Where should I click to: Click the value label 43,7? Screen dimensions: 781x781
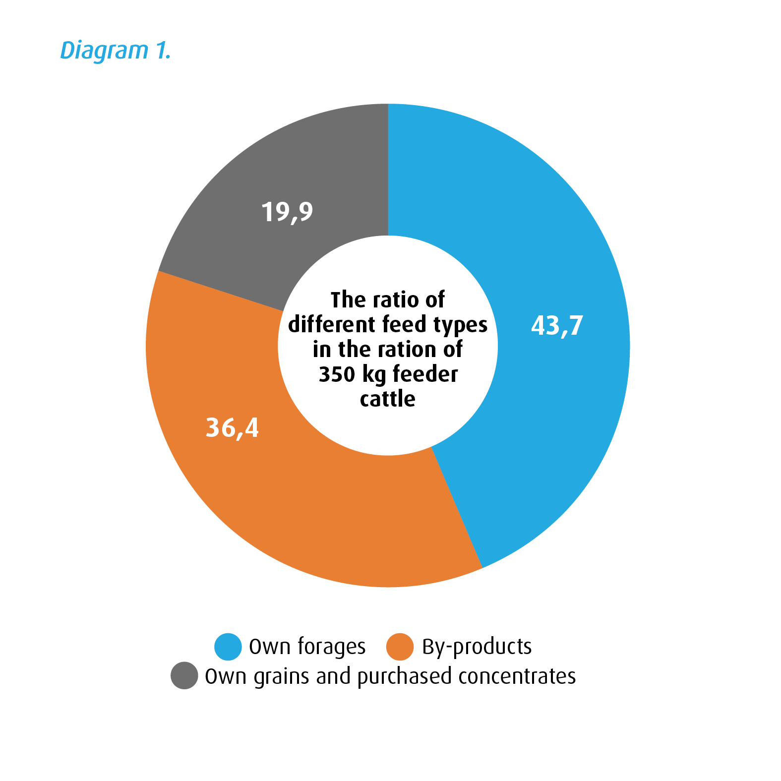557,326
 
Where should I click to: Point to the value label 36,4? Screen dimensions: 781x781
232,427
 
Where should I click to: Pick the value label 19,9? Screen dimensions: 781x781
287,212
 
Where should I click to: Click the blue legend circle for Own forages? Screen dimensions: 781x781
228,647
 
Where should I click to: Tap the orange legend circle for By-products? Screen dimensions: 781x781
400,647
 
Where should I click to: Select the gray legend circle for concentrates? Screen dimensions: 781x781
184,675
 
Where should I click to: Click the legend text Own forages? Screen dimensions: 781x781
307,647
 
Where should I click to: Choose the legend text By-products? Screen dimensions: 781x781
477,647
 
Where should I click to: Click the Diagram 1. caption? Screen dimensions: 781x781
115,51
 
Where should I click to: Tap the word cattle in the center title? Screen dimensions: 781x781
388,399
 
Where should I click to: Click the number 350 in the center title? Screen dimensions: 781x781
337,374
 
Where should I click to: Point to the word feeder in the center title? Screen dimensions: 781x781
425,374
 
